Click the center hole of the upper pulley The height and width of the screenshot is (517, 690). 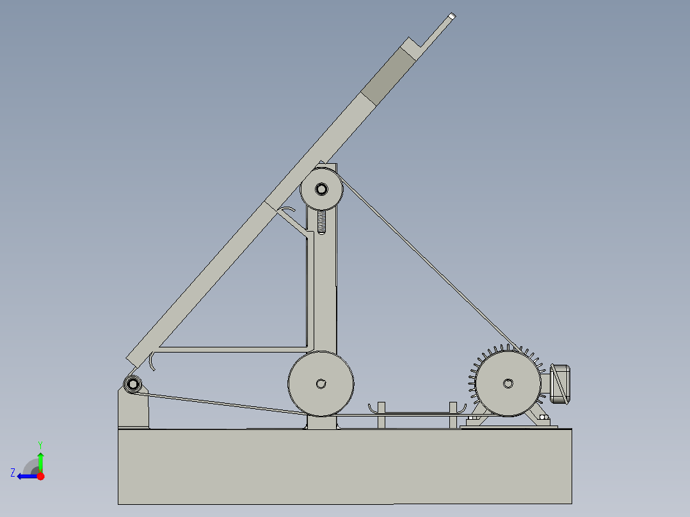tap(321, 189)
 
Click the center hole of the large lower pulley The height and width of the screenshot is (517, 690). tap(321, 384)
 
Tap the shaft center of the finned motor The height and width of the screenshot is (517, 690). tap(508, 383)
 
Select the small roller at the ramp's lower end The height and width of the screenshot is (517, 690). tap(132, 384)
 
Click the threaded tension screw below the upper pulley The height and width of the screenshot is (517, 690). tap(322, 222)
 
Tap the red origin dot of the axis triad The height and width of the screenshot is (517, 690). tap(40, 476)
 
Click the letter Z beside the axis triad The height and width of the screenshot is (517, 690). tap(13, 473)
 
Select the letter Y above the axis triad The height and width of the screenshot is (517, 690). tap(40, 445)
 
